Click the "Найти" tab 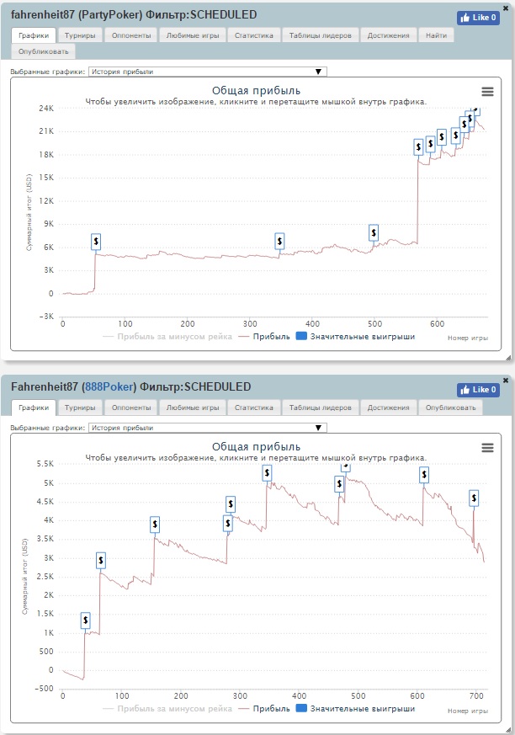[x=438, y=35]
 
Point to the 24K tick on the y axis [x=45, y=109]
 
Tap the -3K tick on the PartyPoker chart [x=47, y=317]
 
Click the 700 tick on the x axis [x=475, y=695]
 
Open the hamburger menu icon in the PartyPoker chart [x=487, y=92]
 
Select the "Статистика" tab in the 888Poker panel [x=254, y=407]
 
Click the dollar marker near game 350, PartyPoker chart [x=279, y=242]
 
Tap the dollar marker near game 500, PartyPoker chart [x=374, y=232]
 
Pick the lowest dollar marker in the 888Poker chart [x=86, y=620]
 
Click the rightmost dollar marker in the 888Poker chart [x=475, y=498]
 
